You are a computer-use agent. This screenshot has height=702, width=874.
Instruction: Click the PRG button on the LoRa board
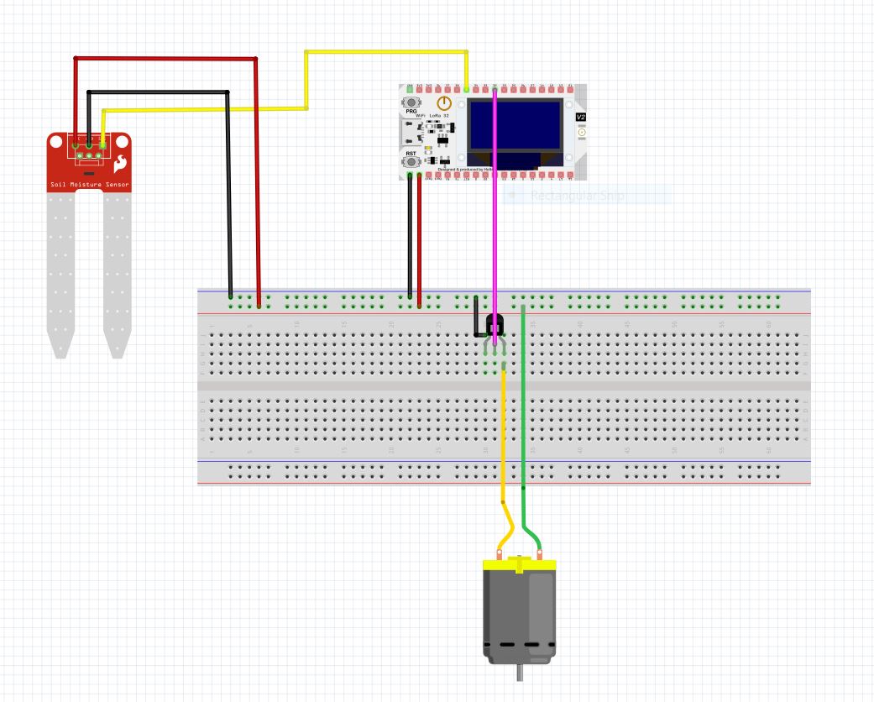pos(411,102)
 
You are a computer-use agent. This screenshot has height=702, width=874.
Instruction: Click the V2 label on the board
pos(581,118)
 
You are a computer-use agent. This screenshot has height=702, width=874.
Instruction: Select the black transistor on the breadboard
pos(495,324)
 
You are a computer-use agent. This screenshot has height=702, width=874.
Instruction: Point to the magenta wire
pos(495,235)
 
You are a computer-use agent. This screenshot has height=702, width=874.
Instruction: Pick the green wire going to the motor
pos(523,420)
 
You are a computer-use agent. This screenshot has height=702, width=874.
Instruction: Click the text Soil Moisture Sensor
pos(89,184)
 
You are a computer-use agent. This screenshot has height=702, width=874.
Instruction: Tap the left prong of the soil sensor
pos(60,277)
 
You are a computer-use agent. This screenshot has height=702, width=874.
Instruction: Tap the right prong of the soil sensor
pos(117,277)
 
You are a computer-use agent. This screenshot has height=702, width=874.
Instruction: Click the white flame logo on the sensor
pos(122,162)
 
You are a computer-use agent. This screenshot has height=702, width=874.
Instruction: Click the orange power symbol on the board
pos(445,104)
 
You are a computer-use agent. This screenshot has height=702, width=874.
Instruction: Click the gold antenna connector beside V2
pos(582,133)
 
